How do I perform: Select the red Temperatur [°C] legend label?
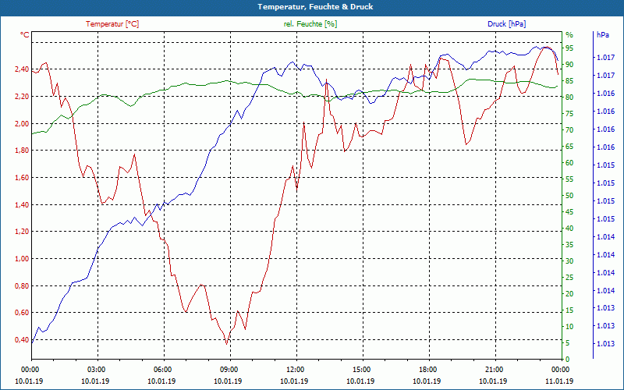(112, 24)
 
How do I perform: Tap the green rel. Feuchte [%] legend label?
(310, 24)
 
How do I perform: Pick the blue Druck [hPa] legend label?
(507, 24)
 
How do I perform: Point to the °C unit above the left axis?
(25, 35)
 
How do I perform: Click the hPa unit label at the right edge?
(603, 35)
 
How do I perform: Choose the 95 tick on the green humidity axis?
(569, 48)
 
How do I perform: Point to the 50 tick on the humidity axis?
(569, 196)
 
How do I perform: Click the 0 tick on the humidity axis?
(567, 360)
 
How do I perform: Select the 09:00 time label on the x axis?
(229, 370)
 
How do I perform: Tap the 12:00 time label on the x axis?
(295, 370)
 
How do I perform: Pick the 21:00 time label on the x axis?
(494, 370)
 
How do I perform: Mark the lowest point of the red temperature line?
(227, 343)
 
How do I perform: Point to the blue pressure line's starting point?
(32, 341)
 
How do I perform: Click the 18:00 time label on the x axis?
(427, 370)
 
